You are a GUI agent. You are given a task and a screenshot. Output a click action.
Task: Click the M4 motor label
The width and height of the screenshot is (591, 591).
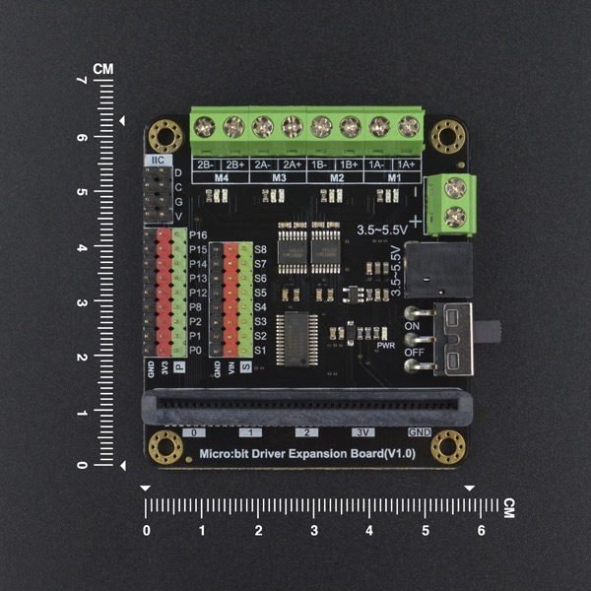coord(221,178)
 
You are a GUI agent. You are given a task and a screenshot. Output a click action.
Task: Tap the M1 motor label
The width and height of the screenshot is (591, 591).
coord(393,178)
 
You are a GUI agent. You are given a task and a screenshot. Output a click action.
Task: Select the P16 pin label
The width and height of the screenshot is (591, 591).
coord(198,236)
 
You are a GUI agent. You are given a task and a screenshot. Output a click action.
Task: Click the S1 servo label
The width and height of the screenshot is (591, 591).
coord(261,351)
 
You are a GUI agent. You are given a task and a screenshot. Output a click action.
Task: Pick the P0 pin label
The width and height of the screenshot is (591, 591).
coord(196,351)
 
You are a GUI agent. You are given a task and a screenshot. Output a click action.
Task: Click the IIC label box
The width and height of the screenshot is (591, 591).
coord(158,161)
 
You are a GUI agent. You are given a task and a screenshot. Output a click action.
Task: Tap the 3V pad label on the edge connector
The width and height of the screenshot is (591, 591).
coord(364,432)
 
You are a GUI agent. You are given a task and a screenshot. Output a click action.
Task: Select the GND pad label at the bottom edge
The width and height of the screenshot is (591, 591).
coord(420,432)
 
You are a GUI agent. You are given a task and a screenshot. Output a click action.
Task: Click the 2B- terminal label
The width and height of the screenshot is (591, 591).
coord(205,164)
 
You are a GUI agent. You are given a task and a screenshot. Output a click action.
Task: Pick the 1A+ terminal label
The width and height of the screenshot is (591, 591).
coord(405,164)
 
